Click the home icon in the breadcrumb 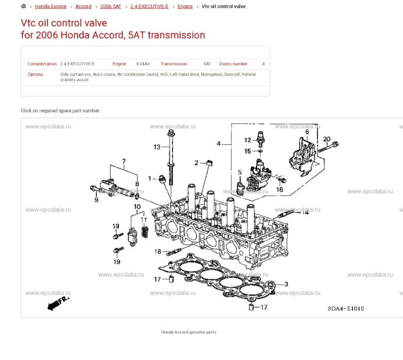click(x=24, y=6)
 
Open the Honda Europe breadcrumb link click(x=51, y=7)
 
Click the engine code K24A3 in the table click(x=143, y=64)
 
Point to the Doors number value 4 click(x=263, y=64)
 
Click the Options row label click(x=35, y=74)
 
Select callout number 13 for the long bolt click(x=157, y=147)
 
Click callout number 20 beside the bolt click(x=326, y=139)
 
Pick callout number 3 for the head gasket click(x=286, y=284)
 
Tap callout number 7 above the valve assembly click(x=124, y=161)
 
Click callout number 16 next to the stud click(x=158, y=252)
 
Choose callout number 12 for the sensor click(x=247, y=140)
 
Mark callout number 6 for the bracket click(x=307, y=132)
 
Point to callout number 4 click(x=219, y=144)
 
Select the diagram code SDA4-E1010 click(x=346, y=308)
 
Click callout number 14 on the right click(x=305, y=212)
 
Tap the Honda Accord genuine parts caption click(x=189, y=332)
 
